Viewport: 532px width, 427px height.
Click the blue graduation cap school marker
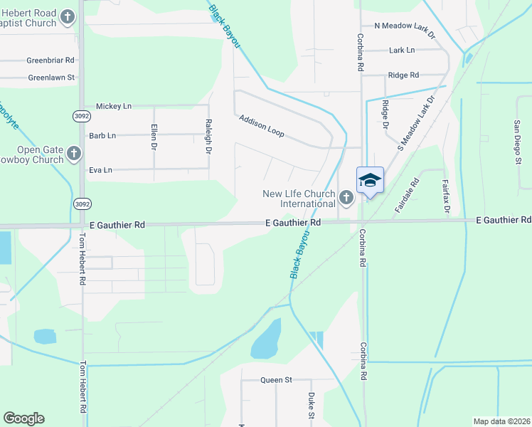point(370,180)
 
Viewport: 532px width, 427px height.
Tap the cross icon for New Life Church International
point(346,197)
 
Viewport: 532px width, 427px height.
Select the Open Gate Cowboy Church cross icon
point(73,153)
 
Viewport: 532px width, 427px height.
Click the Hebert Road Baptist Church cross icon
point(68,17)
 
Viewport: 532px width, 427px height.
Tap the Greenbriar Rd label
point(51,61)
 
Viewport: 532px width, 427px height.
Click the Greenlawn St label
point(51,77)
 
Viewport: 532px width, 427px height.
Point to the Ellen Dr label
point(154,137)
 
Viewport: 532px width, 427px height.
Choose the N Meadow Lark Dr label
point(403,26)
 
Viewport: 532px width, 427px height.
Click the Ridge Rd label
point(403,75)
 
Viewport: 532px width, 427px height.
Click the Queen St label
point(276,380)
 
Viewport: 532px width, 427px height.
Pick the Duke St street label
point(312,405)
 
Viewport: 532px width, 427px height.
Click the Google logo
point(23,418)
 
